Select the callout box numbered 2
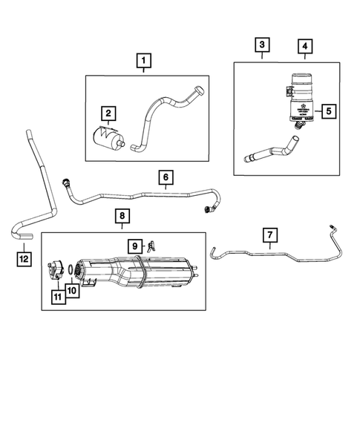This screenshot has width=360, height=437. pos(108,113)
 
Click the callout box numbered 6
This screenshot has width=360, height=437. pos(166,177)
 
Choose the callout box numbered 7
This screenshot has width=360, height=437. pos(270,235)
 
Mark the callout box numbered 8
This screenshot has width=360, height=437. pos(123,217)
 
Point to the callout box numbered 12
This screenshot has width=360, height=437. pos(24,258)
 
